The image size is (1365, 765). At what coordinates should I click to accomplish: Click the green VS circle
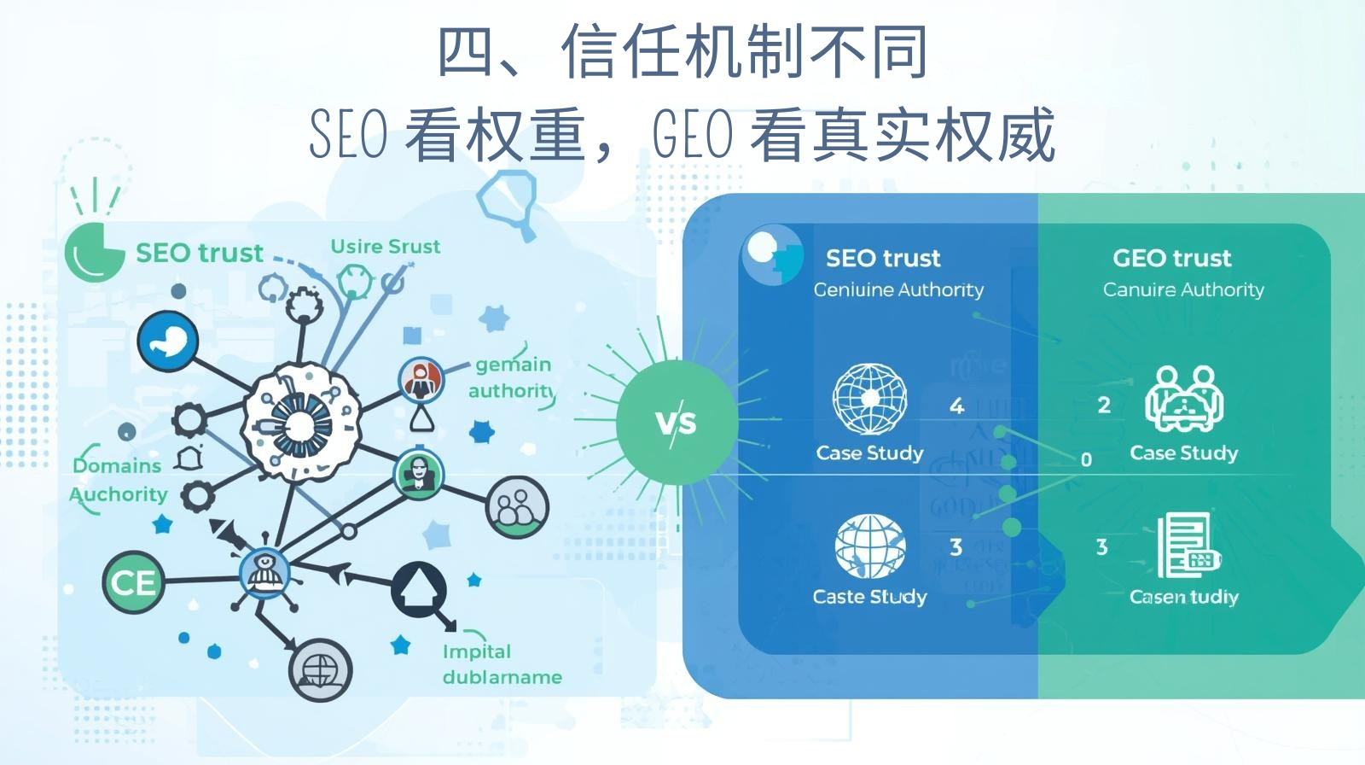(677, 422)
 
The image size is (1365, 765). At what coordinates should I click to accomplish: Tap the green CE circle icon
(133, 583)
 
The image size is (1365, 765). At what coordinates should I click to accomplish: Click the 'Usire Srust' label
(385, 247)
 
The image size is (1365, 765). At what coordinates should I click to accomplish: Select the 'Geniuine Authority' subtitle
(898, 290)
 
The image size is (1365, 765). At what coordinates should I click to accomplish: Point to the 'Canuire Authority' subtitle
(1183, 290)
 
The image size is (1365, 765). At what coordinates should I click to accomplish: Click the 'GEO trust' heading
(1171, 258)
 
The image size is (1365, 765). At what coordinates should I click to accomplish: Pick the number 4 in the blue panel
(957, 406)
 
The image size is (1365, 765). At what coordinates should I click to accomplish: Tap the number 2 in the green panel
(1104, 405)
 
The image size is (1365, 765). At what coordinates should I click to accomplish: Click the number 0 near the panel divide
(1086, 459)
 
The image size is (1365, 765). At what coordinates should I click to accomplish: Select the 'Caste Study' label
(869, 596)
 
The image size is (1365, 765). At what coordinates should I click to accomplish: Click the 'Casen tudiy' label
(1183, 596)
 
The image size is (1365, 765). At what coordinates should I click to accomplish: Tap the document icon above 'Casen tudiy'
(1187, 546)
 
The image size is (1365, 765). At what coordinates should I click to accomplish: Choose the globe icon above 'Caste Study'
(869, 546)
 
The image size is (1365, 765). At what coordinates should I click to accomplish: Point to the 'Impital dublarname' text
(502, 664)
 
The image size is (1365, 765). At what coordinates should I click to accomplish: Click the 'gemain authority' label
(512, 377)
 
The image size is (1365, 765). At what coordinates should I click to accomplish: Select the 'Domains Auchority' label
(119, 480)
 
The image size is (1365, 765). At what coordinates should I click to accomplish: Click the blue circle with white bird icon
(168, 342)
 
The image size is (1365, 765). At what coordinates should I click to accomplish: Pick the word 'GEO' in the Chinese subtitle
(692, 135)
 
